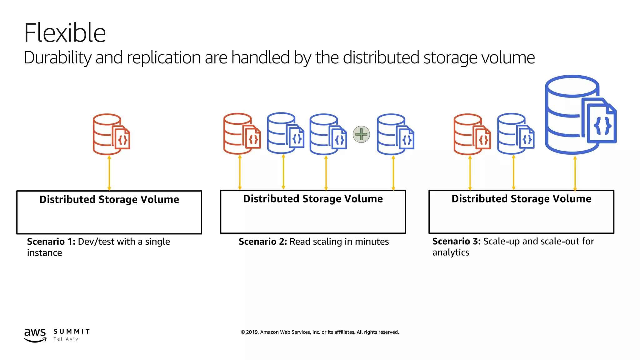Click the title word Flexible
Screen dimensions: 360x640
(x=65, y=33)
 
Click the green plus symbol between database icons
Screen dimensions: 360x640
(x=361, y=134)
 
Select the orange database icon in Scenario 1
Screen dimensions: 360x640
(x=111, y=134)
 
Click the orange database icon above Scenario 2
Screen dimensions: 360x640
(x=241, y=134)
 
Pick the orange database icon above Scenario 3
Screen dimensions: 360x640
(x=471, y=134)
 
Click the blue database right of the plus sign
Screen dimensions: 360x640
(x=395, y=134)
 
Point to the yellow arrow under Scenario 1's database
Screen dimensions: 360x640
(x=109, y=173)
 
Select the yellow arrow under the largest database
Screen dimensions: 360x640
(x=575, y=173)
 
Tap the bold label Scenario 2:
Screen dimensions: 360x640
(x=262, y=242)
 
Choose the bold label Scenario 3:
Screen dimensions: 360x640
(x=456, y=241)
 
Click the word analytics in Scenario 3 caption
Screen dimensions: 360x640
(x=451, y=252)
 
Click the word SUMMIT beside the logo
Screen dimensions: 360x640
(x=72, y=332)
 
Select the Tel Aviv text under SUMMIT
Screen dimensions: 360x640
(x=66, y=339)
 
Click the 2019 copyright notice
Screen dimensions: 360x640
(x=319, y=332)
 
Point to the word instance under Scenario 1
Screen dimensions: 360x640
(x=44, y=253)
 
